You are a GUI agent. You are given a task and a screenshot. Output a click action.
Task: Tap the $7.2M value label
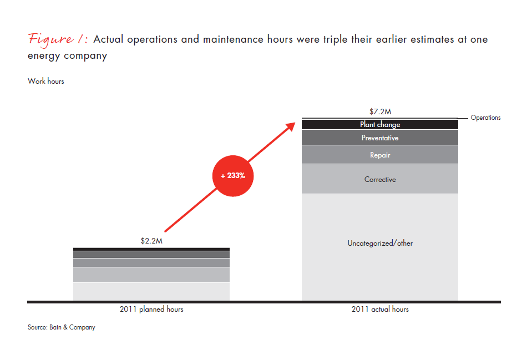point(380,111)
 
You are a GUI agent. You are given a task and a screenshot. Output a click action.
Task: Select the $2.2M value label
point(151,241)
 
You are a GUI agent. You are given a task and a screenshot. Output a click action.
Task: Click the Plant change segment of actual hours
point(380,125)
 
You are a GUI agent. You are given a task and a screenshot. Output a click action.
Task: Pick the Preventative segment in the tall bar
point(380,138)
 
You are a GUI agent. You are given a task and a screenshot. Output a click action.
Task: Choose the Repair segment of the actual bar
point(380,155)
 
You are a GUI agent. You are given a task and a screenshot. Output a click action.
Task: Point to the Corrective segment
point(380,180)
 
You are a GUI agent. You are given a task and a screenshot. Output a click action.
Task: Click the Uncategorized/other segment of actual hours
point(380,244)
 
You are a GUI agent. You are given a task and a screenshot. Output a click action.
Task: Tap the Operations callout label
point(485,118)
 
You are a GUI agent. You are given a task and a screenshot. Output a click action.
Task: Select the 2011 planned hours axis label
point(151,309)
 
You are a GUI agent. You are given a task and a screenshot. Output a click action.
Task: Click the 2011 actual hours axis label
point(380,309)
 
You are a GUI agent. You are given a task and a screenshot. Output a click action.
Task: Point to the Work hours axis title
point(46,82)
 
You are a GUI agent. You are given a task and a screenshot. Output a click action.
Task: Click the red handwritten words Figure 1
point(58,39)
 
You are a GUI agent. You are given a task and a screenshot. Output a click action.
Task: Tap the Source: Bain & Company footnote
point(62,327)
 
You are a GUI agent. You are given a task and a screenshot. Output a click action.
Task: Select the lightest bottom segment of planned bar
point(151,292)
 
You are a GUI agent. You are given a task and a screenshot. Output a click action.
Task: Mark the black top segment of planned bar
point(151,250)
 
